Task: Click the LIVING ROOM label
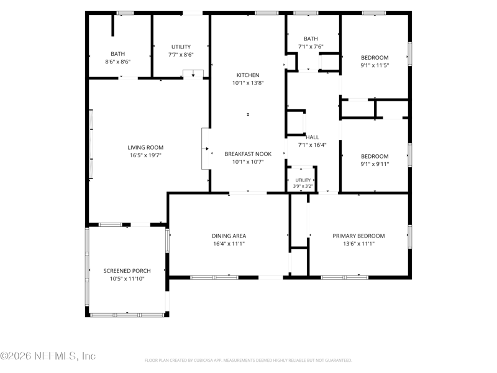coord(145,147)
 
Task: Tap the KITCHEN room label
coord(248,75)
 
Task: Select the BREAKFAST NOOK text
coord(248,154)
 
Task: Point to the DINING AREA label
coord(229,236)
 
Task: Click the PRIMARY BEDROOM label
coord(358,236)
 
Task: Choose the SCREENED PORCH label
coord(127,271)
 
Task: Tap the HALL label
coord(312,137)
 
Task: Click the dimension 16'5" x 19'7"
coord(145,155)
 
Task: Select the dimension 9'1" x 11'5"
coord(375,65)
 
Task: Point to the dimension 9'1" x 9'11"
coord(375,164)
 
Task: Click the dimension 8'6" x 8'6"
coord(117,62)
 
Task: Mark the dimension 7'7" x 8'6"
coord(181,55)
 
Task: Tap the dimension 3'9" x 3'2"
coord(303,186)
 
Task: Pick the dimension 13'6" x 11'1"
coord(358,244)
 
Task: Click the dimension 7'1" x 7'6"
coord(311,47)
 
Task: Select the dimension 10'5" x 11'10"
coord(127,279)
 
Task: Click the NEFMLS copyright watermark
coord(48,356)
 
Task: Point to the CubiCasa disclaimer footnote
coord(248,361)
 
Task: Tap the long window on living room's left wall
coord(91,144)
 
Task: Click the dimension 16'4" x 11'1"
coord(229,244)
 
